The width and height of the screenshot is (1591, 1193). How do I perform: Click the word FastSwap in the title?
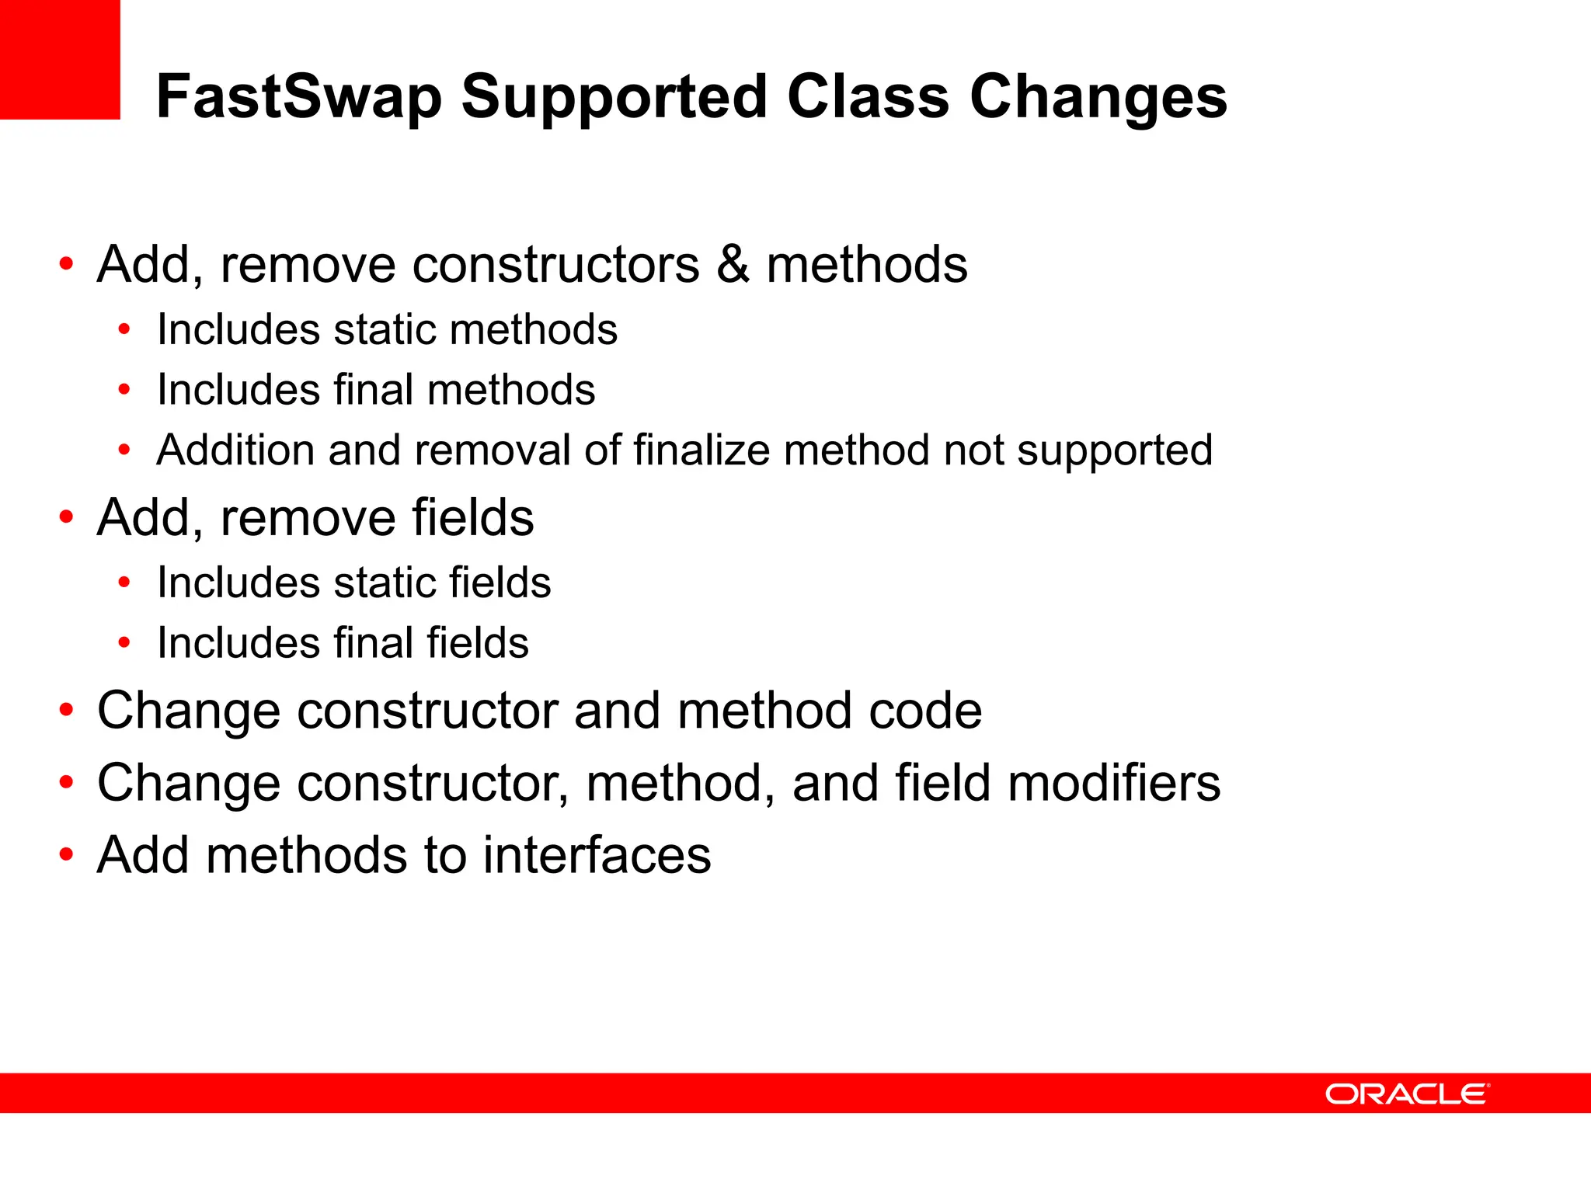[x=299, y=97]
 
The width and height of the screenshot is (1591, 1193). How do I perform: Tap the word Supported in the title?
[x=614, y=97]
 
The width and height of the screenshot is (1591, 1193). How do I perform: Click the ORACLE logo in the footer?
[x=1407, y=1094]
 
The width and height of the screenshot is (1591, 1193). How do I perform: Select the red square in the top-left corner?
[x=60, y=59]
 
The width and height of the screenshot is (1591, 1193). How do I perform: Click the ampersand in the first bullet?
[x=733, y=264]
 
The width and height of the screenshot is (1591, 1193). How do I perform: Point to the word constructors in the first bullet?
[x=556, y=264]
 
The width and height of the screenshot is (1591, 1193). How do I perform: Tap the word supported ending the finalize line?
[x=1115, y=450]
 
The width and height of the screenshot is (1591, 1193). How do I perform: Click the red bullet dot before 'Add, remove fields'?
[x=67, y=517]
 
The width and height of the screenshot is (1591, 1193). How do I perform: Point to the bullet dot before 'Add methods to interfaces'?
[x=67, y=854]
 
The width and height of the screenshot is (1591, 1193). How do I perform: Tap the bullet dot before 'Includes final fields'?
[x=124, y=642]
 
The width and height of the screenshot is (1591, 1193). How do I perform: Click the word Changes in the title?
[x=1098, y=97]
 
